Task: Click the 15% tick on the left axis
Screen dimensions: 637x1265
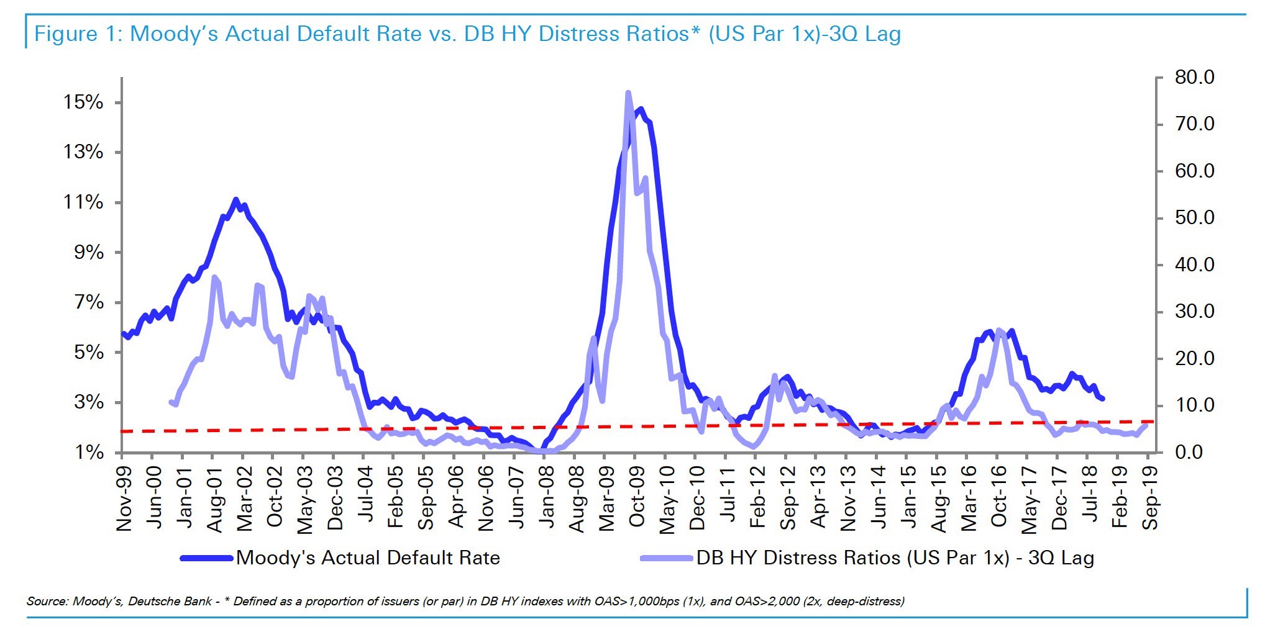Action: coord(83,102)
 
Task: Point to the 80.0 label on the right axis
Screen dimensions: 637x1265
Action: coord(1194,78)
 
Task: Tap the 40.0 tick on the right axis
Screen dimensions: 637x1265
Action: coord(1194,265)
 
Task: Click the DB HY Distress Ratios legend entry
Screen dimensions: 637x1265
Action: coord(895,558)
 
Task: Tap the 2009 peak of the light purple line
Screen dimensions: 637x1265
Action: coord(628,93)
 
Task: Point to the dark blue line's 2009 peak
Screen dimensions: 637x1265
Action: coord(641,109)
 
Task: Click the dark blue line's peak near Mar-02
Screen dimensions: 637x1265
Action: coord(235,199)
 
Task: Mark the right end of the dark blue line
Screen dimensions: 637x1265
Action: coord(1103,399)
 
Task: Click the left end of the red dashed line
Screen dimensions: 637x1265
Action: coord(122,431)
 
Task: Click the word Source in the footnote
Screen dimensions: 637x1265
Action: coord(47,601)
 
